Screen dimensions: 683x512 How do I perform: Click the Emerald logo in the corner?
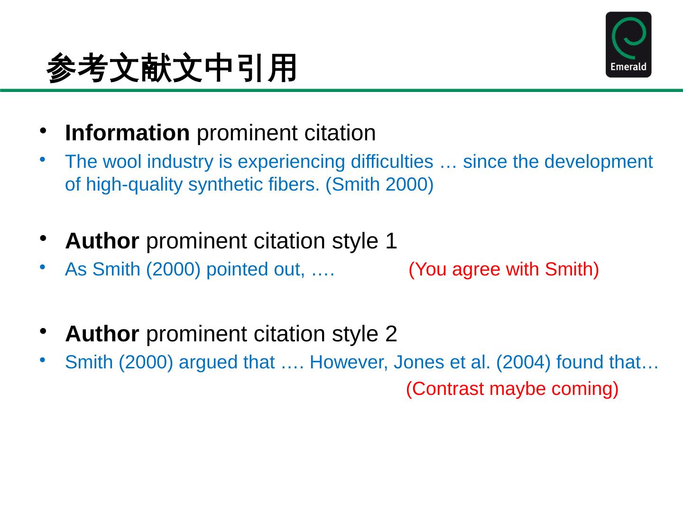[x=628, y=44]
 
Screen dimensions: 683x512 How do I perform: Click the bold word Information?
[x=127, y=133]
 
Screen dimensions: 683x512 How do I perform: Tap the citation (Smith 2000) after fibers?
[x=379, y=184]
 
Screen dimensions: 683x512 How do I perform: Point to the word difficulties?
[x=392, y=162]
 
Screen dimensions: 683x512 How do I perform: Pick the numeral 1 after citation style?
[x=391, y=241]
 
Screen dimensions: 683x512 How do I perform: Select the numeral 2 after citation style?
[x=391, y=334]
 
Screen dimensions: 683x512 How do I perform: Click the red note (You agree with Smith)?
[x=504, y=269]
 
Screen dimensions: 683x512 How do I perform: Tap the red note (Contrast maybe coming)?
[x=512, y=389]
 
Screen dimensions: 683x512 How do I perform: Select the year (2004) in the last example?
[x=524, y=362]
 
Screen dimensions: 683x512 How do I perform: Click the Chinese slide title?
[x=172, y=68]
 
